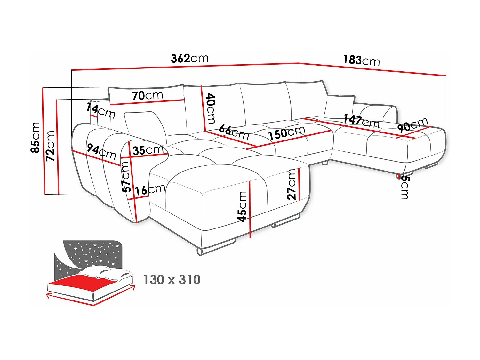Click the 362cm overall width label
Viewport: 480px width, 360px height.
click(189, 58)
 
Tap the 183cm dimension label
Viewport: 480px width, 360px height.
click(361, 60)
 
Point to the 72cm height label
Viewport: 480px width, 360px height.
click(50, 146)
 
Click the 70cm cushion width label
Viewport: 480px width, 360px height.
click(147, 95)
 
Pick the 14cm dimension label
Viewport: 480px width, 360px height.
click(100, 110)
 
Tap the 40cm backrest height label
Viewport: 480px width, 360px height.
click(211, 108)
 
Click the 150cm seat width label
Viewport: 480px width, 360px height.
click(286, 132)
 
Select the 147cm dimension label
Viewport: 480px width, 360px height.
click(361, 121)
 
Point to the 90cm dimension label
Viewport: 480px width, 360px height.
click(412, 125)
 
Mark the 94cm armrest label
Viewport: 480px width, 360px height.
click(101, 151)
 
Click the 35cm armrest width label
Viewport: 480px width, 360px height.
click(148, 150)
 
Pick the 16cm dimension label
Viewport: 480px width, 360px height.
click(150, 190)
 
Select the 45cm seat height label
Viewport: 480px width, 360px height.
click(242, 206)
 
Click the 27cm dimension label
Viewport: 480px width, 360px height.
click(291, 185)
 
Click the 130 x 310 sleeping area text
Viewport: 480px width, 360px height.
click(172, 280)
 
